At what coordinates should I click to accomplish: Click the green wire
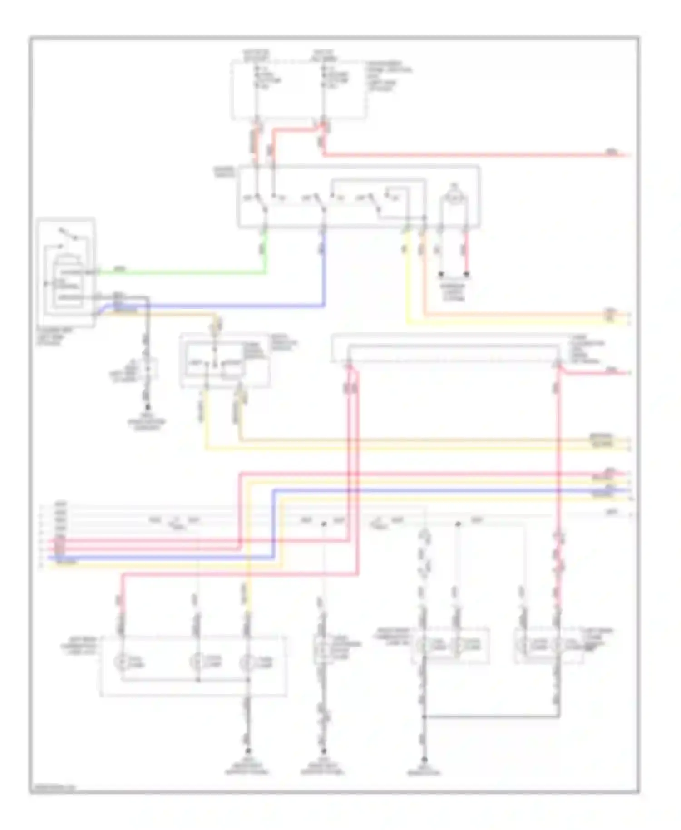(x=182, y=273)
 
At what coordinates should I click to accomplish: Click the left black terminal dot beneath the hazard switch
(x=440, y=274)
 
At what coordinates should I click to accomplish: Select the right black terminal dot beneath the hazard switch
(x=466, y=274)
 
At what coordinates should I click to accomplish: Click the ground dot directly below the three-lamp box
(x=248, y=751)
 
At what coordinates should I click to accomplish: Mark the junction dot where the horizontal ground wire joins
(x=424, y=717)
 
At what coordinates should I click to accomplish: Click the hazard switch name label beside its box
(x=224, y=171)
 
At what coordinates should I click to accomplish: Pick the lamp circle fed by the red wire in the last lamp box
(x=558, y=645)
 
